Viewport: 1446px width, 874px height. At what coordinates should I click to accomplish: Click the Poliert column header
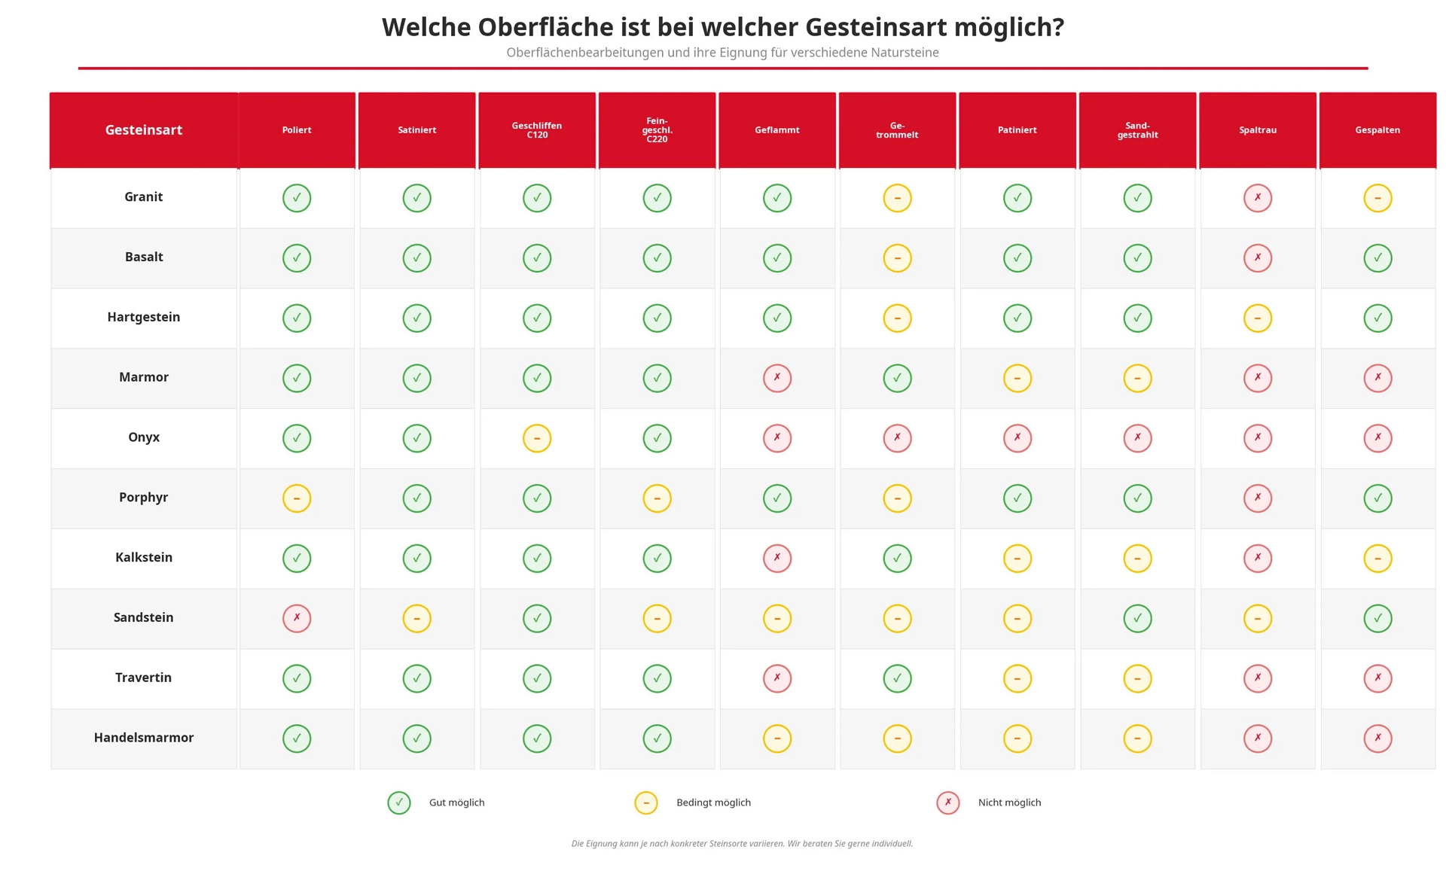(x=297, y=130)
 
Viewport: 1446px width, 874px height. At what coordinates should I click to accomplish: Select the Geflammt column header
(x=777, y=130)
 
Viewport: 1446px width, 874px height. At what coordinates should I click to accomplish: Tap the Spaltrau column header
(x=1258, y=130)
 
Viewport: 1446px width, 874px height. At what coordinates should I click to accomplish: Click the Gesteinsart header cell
(x=144, y=130)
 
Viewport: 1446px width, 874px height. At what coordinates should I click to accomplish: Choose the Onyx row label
(x=144, y=437)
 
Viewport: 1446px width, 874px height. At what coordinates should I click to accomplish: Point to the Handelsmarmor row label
(x=144, y=738)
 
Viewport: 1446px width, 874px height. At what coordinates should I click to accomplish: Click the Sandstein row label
(x=144, y=617)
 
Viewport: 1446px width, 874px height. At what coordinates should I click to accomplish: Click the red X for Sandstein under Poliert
(x=297, y=618)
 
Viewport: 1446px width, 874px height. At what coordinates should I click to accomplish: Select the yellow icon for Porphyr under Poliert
(x=297, y=498)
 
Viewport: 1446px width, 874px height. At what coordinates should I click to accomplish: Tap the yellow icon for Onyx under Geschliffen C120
(x=537, y=438)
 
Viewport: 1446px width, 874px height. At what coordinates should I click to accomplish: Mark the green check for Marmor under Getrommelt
(x=897, y=378)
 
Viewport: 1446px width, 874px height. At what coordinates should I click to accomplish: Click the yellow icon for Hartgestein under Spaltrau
(x=1258, y=318)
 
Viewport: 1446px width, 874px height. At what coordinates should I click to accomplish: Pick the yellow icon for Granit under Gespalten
(x=1377, y=198)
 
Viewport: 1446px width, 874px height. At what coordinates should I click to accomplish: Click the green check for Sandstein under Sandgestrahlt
(x=1137, y=618)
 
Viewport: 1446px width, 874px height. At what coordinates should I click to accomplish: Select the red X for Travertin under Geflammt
(x=777, y=678)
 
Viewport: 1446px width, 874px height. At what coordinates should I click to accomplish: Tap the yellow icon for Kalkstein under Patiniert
(x=1017, y=559)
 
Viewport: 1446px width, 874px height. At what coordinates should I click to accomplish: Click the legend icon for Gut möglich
(x=399, y=803)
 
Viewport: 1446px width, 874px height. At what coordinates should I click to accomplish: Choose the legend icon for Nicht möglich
(x=948, y=803)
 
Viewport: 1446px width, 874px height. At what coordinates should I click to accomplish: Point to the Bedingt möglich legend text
(x=713, y=802)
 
